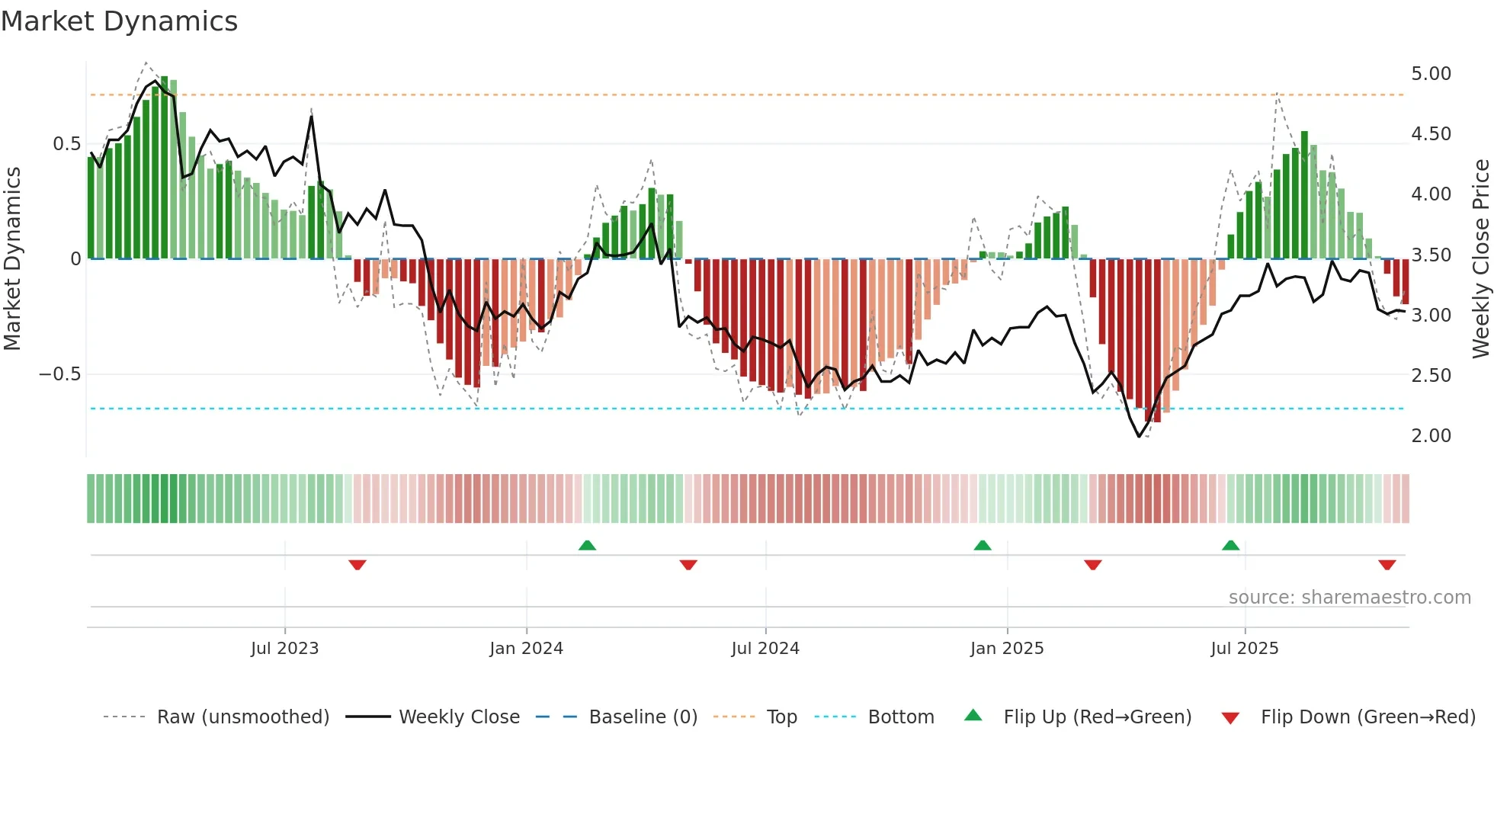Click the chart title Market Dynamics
(120, 21)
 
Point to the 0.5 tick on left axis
(66, 144)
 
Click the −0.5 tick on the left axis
(60, 374)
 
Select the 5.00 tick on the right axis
(1431, 74)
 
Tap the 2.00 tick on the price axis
(1431, 436)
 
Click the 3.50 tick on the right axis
(1431, 255)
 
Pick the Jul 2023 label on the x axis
(284, 649)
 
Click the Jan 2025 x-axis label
(1006, 649)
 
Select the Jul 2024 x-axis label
(765, 649)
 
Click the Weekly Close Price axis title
(1480, 258)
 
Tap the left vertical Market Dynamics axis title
(12, 258)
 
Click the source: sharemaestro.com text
(1349, 598)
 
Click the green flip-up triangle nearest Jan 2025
(983, 545)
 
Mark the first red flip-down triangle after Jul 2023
(357, 565)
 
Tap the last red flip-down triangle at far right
(1387, 565)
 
